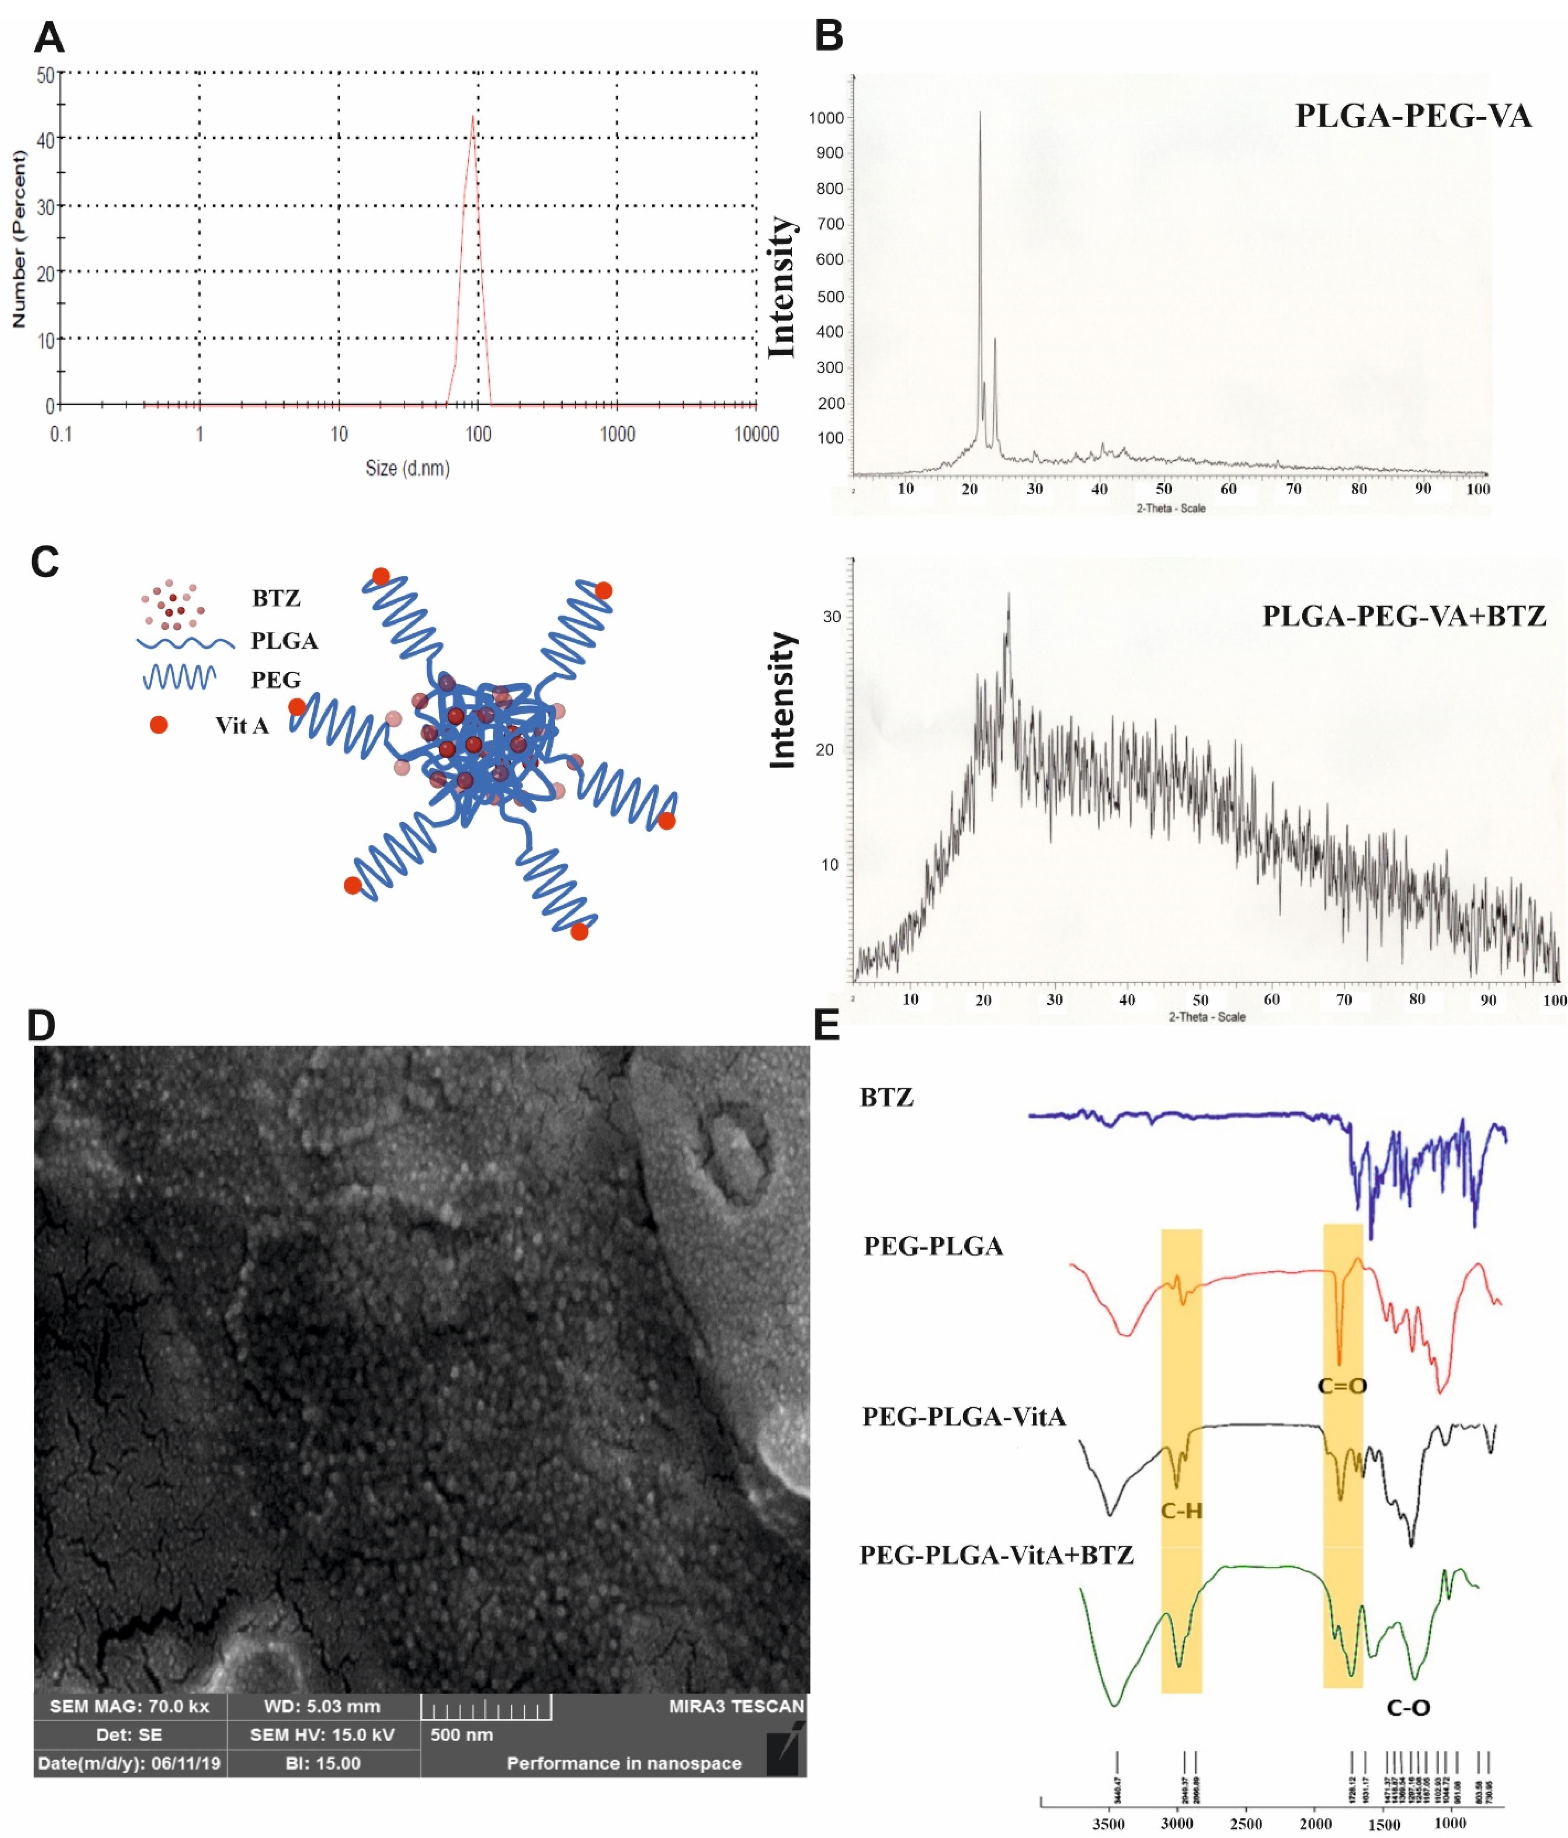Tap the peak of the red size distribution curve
473,116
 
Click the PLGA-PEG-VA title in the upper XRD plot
1413,116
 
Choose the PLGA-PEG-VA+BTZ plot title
1404,616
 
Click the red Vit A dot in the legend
159,725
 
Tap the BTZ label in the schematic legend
276,598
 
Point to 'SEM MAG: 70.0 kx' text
130,1706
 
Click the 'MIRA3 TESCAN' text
736,1706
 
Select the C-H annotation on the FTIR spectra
1181,1510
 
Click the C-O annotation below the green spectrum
1408,1707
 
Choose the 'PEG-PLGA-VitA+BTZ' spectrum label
996,1555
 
